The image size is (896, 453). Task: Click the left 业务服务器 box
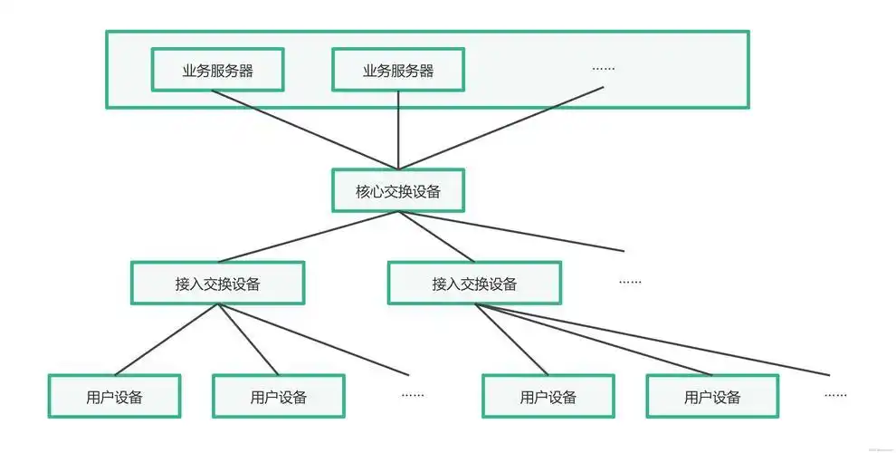pyautogui.click(x=217, y=70)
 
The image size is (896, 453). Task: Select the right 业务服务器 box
pyautogui.click(x=397, y=70)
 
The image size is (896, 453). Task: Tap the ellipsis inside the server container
pyautogui.click(x=603, y=68)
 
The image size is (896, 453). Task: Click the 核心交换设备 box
pyautogui.click(x=397, y=191)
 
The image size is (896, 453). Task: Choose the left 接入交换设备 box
pyautogui.click(x=217, y=283)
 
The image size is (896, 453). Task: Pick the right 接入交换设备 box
pyautogui.click(x=474, y=283)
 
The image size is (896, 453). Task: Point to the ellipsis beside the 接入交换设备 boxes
pyautogui.click(x=630, y=282)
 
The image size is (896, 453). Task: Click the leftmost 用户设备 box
pyautogui.click(x=114, y=396)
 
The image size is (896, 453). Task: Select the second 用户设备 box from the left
pyautogui.click(x=278, y=396)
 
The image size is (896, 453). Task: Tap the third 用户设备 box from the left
pyautogui.click(x=548, y=396)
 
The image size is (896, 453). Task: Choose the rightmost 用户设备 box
pyautogui.click(x=712, y=396)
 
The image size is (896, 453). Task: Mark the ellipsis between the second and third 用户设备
pyautogui.click(x=413, y=395)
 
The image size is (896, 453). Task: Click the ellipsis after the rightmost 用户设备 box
pyautogui.click(x=835, y=395)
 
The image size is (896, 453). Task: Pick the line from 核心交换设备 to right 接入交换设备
pyautogui.click(x=436, y=237)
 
